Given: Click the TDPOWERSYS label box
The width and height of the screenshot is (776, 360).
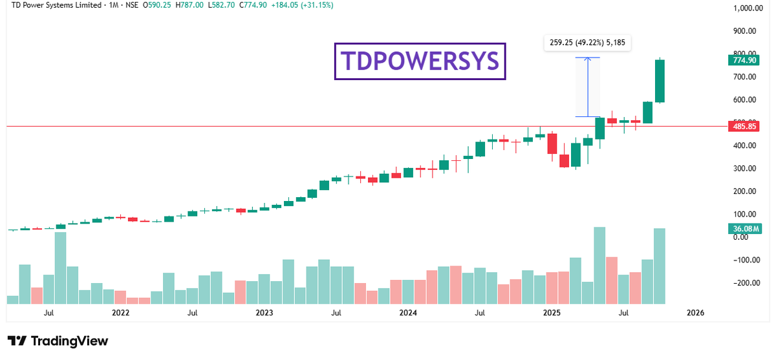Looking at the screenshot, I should [420, 61].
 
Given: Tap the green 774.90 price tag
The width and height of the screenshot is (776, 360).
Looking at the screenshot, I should [742, 60].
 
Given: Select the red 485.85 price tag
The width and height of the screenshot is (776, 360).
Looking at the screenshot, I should [742, 127].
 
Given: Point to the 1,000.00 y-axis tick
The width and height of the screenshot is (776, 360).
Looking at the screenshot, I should [746, 8].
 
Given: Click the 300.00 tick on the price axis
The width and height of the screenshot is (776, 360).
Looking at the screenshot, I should [744, 169].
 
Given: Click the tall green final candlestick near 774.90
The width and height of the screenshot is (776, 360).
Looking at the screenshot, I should [660, 81].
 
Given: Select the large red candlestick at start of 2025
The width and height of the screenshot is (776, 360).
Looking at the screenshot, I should [552, 143].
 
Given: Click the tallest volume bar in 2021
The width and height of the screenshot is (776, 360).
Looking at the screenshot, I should [61, 268].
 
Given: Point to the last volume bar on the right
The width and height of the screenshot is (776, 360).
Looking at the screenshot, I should [660, 266].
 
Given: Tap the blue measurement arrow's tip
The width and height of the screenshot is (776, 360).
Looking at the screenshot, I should [587, 58].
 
